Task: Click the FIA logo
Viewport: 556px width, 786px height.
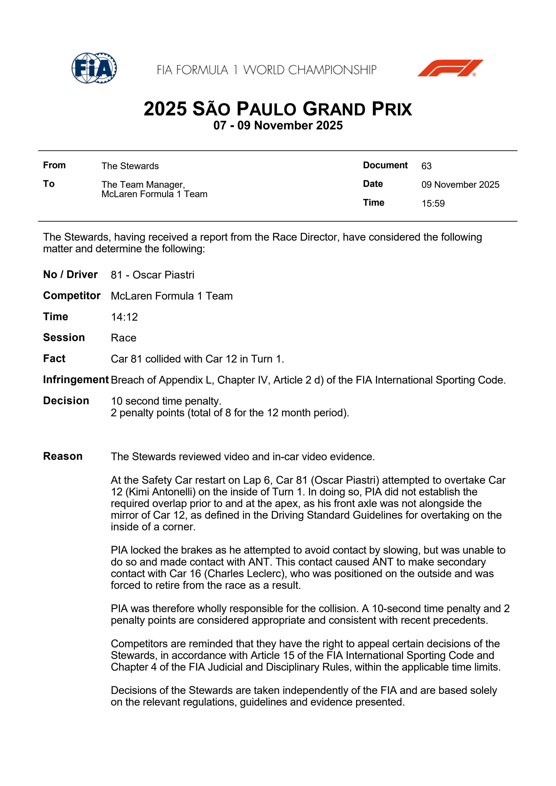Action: [94, 68]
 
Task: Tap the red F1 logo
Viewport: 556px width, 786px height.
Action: [450, 68]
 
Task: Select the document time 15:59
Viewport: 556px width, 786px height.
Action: [433, 203]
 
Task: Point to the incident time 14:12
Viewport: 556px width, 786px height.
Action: [124, 317]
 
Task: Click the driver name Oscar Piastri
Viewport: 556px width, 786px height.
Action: [164, 275]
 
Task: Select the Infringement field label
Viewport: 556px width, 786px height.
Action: [76, 380]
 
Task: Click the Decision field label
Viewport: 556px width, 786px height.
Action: [66, 401]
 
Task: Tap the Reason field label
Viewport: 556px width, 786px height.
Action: [63, 456]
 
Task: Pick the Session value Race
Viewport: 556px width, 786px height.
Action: [123, 338]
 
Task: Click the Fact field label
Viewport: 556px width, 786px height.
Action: [54, 358]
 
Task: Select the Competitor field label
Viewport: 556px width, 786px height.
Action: [72, 296]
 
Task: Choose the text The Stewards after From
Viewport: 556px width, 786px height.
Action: [130, 166]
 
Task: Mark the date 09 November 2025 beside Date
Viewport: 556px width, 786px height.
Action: [460, 185]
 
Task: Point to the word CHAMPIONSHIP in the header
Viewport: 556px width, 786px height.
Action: [332, 70]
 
